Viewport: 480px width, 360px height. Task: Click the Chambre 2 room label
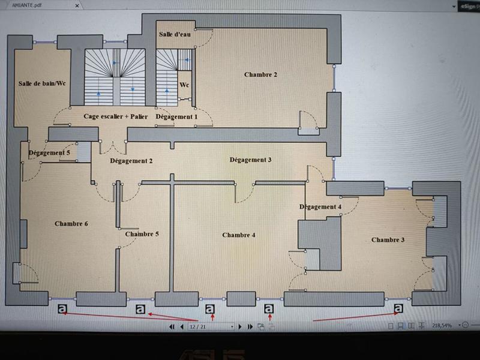(260, 75)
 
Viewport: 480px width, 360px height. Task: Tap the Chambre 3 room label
(388, 240)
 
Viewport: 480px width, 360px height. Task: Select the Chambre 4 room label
(239, 235)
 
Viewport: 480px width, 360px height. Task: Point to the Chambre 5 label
(142, 234)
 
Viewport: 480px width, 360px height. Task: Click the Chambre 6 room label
(71, 224)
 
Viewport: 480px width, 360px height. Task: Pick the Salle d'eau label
(175, 35)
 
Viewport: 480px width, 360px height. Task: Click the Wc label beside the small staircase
(184, 85)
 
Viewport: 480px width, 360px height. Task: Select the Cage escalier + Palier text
(116, 116)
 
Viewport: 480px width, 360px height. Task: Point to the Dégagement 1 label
(176, 116)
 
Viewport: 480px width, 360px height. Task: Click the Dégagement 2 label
(131, 161)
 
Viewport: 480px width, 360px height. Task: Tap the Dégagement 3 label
(251, 160)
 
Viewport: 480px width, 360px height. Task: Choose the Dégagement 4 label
(320, 207)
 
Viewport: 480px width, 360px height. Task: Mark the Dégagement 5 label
(49, 153)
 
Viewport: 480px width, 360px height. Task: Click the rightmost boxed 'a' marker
(398, 308)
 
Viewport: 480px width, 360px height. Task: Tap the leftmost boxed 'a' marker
(63, 309)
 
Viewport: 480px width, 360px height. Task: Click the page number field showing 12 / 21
(210, 326)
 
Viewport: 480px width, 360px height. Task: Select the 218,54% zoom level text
(442, 325)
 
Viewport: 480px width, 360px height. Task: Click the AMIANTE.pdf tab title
(27, 4)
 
